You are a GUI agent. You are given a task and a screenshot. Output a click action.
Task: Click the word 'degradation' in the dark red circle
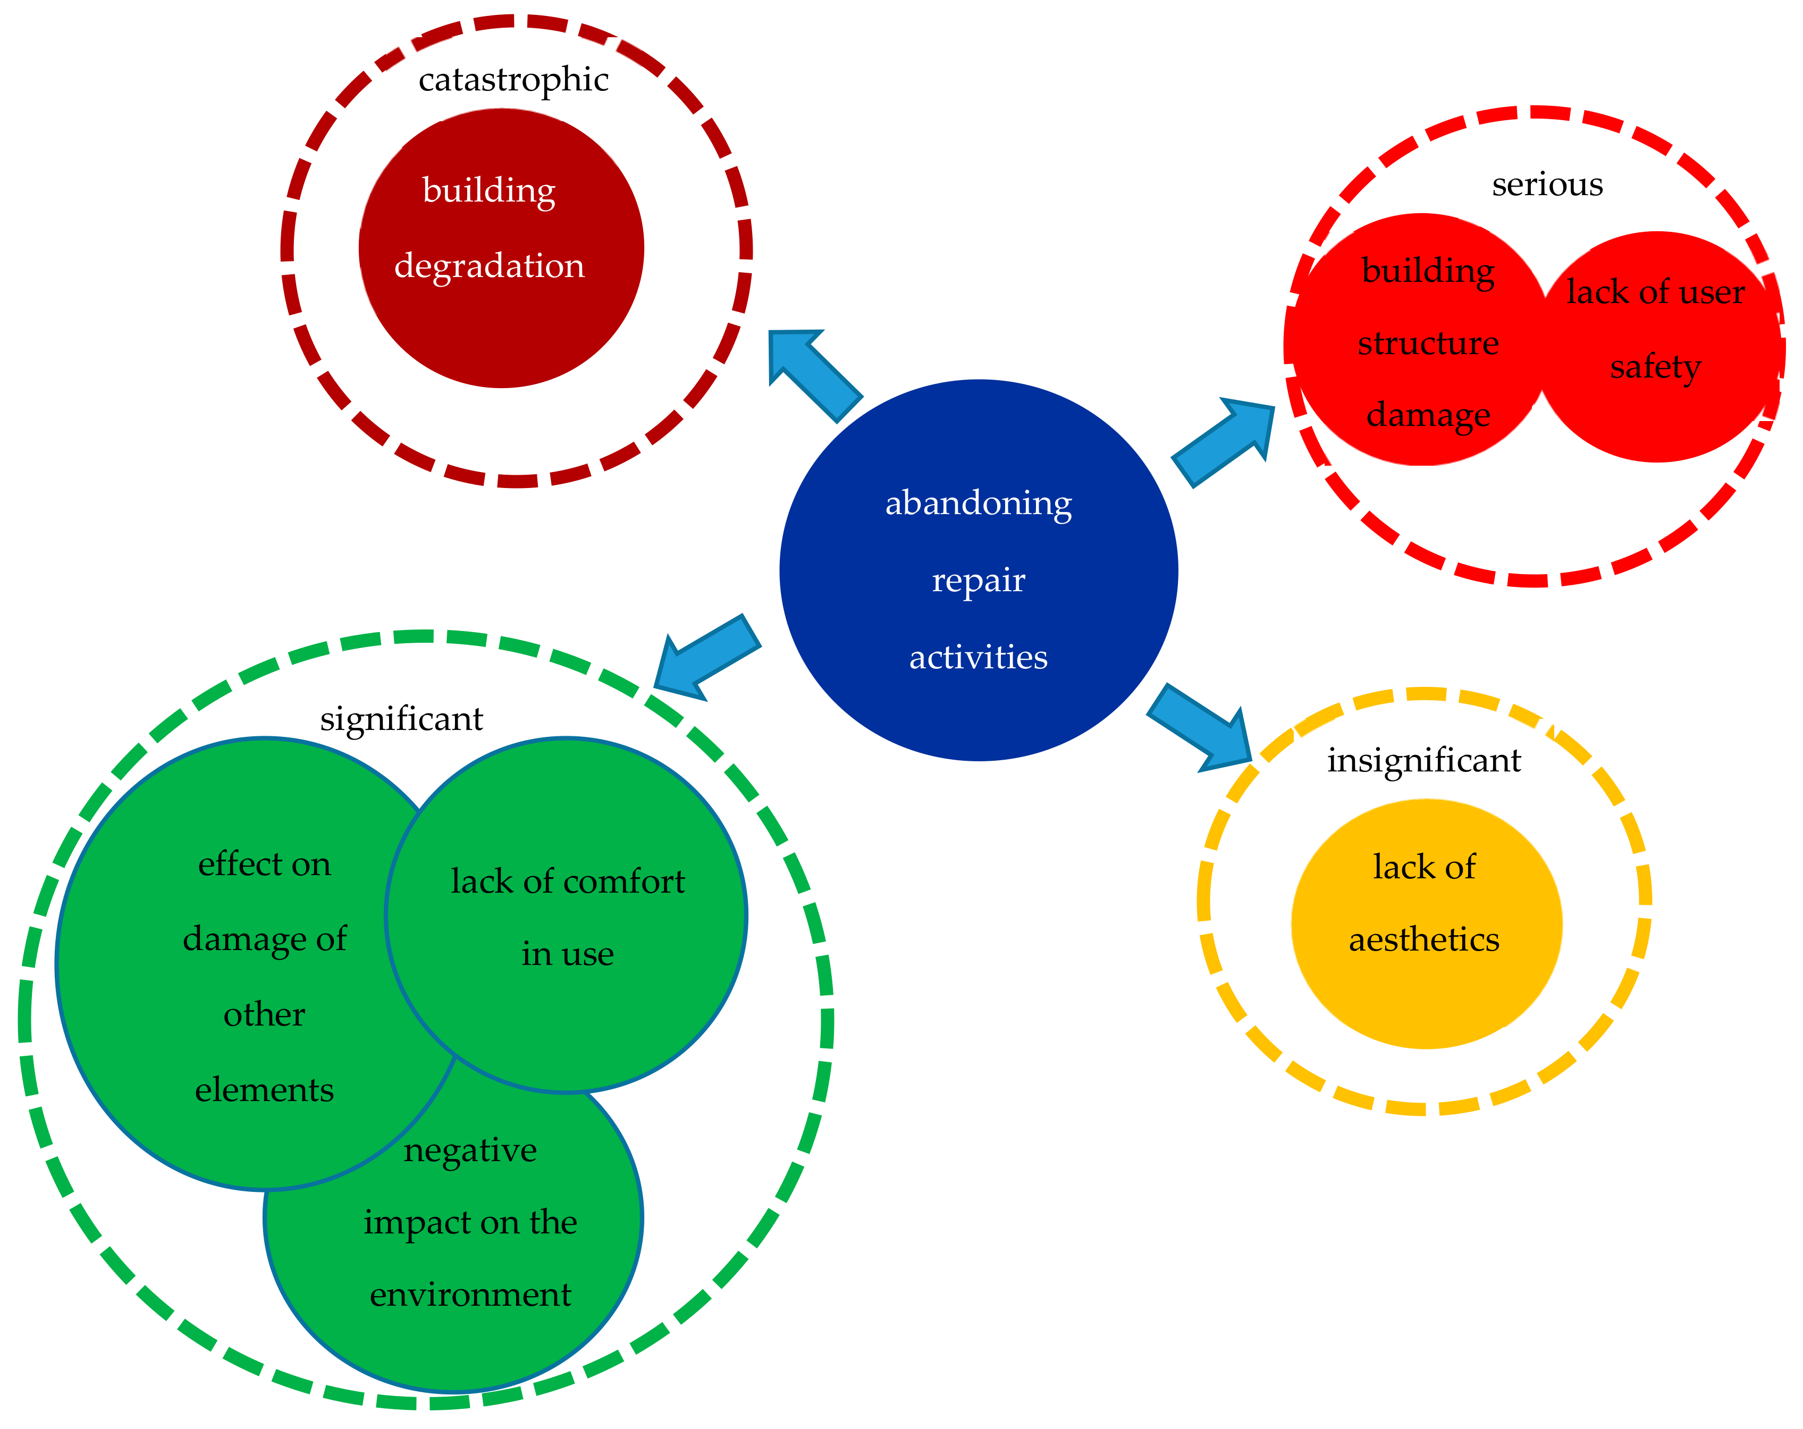pos(489,266)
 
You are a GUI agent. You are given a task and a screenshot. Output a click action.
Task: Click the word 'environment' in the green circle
pos(470,1294)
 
